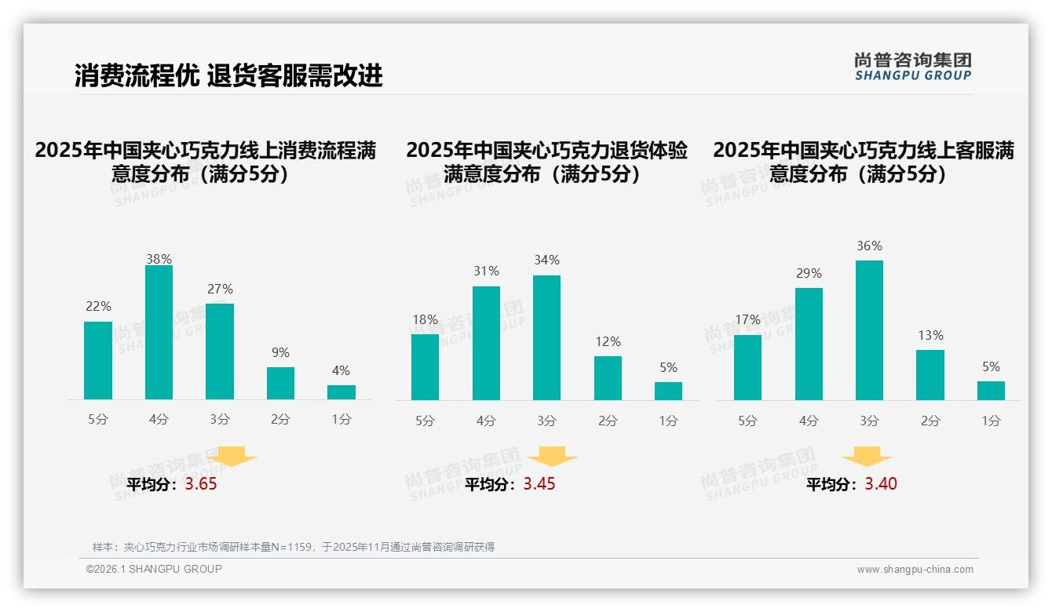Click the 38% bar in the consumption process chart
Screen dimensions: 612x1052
point(159,333)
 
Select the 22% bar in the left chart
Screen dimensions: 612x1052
point(98,361)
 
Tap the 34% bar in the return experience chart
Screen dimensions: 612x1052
point(546,338)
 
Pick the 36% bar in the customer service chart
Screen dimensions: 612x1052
point(869,330)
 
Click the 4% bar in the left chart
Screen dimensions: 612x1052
point(342,392)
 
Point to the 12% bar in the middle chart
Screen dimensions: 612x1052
point(608,378)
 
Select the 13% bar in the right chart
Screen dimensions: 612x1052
point(930,375)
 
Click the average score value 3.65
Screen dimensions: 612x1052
point(201,484)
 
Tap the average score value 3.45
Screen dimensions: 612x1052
point(539,484)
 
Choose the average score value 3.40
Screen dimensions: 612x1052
point(881,484)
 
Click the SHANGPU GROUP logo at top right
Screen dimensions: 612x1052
point(913,67)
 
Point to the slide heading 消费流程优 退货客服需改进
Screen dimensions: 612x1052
point(228,75)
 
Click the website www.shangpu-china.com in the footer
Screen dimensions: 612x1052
point(915,570)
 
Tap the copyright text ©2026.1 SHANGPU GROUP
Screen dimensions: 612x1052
point(154,569)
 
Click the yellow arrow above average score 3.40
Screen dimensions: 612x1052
point(867,457)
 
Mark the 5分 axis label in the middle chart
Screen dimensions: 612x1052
point(425,421)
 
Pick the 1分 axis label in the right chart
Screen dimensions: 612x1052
point(991,421)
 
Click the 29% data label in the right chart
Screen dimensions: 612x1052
point(809,274)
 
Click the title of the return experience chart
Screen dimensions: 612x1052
point(546,162)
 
